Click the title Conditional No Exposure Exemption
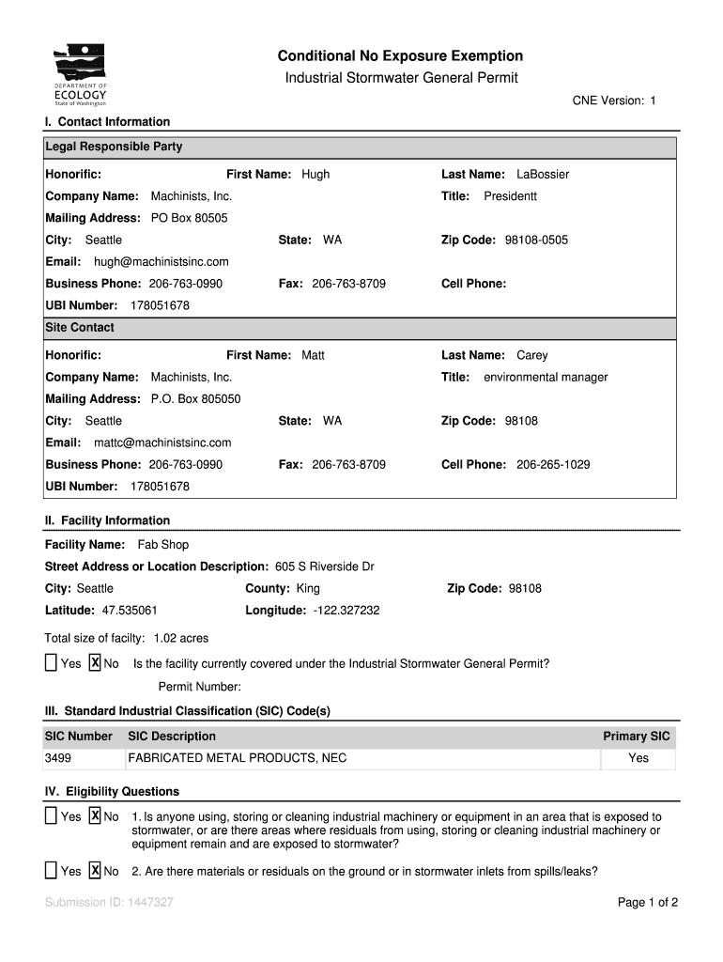coord(401,56)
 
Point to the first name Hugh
coord(315,175)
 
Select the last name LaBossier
coord(543,175)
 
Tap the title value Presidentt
coord(511,196)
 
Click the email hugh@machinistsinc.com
coord(161,262)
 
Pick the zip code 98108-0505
coord(536,240)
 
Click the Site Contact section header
coord(80,328)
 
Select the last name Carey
coord(532,356)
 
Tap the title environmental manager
coord(546,378)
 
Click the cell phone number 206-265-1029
coord(553,465)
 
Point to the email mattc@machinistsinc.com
coord(162,443)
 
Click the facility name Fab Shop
coord(163,545)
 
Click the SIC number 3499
coord(58,758)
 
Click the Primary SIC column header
coord(637,737)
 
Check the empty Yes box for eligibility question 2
coord(51,871)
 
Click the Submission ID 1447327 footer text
coord(109,903)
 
